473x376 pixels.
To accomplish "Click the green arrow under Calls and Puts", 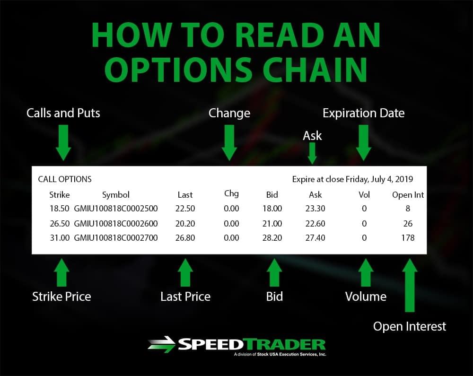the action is point(63,143).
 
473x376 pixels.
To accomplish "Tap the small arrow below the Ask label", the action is point(312,153).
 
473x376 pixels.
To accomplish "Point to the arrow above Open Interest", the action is point(410,285).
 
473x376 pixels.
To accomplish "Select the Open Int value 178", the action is point(408,237).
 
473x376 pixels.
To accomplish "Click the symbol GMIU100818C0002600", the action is point(116,223).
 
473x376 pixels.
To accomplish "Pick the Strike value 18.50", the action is point(60,209).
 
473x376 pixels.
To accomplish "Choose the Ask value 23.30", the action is point(315,209).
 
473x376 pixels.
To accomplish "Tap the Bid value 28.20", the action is point(272,237).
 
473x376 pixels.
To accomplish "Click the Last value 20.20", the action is point(185,223).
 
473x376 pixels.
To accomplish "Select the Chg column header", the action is point(231,193).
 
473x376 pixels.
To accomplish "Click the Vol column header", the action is point(364,195).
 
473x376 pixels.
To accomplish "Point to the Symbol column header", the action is point(116,195).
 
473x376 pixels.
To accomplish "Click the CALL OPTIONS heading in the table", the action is point(64,179).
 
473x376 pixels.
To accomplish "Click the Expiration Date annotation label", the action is point(363,113).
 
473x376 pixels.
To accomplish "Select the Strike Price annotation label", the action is point(61,297).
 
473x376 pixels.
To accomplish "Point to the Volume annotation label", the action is point(366,297).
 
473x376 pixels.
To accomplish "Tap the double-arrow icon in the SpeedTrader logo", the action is point(161,344).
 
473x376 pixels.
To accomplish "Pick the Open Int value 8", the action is point(408,209).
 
